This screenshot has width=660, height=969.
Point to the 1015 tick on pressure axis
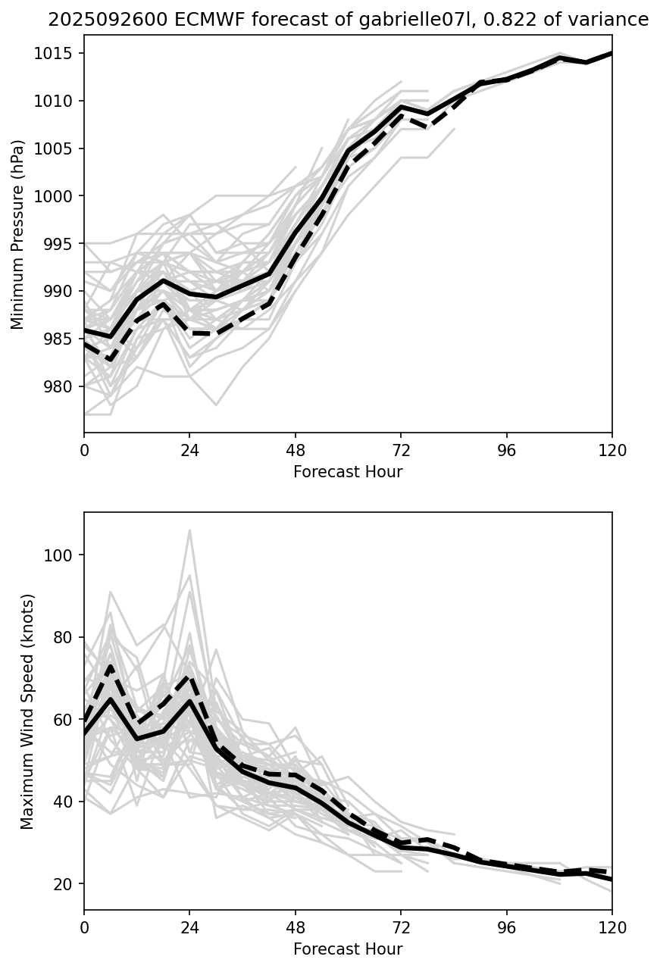57,54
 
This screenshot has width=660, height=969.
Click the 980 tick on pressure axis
60,386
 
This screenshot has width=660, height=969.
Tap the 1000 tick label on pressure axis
57,196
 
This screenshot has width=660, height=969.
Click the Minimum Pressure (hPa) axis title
18,234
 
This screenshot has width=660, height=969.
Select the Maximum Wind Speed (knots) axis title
27,711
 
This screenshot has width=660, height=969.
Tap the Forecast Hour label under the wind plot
348,949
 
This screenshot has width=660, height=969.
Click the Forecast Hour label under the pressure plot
348,472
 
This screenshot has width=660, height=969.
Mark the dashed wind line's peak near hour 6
111,667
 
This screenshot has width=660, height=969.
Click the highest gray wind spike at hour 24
189,530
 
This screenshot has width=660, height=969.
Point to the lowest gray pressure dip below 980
216,405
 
